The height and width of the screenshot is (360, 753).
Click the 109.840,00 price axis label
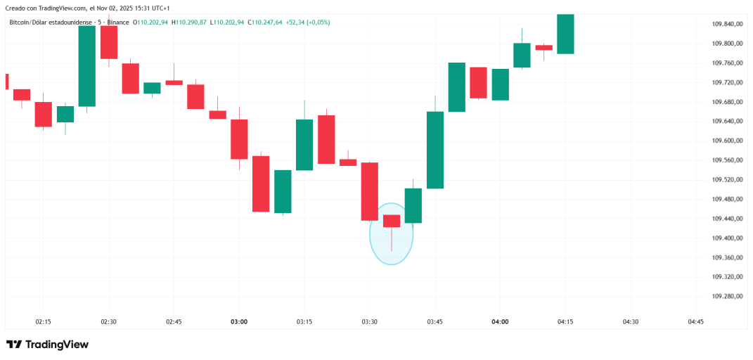pos(728,24)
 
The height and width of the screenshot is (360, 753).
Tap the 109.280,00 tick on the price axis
pos(728,297)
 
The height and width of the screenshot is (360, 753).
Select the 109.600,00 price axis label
pos(728,141)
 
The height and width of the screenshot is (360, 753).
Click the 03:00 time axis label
pos(239,322)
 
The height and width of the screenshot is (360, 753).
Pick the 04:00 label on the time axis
pos(500,322)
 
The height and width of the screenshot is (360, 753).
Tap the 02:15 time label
pos(43,322)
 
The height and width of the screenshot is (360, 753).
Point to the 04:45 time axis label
pos(695,322)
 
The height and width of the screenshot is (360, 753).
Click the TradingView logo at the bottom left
pos(47,345)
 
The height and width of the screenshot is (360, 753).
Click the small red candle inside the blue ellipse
pos(392,221)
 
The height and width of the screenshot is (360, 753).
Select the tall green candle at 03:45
pos(435,150)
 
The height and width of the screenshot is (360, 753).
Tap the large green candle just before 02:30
pos(86,65)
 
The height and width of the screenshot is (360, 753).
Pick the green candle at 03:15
pos(304,145)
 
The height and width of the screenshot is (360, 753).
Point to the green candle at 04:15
pos(565,34)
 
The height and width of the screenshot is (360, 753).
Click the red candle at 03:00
pos(239,139)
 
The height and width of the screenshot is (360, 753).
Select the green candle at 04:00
pos(500,84)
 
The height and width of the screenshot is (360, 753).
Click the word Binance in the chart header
pos(119,22)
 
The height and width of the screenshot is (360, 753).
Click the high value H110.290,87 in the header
pos(191,22)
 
